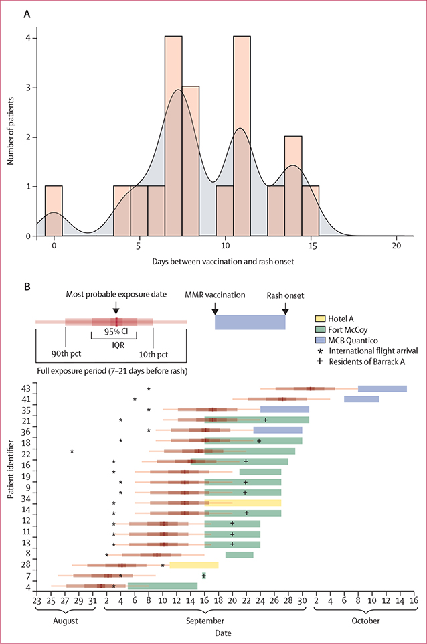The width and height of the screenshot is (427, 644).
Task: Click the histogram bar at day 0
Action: coord(54,211)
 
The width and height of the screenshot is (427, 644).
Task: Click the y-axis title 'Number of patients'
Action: coord(12,131)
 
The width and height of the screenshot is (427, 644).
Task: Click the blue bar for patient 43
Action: coord(382,388)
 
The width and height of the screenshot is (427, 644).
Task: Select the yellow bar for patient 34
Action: coord(243,503)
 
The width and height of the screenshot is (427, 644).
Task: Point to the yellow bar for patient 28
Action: coord(194,565)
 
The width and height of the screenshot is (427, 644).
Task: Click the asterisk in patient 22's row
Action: coord(72,452)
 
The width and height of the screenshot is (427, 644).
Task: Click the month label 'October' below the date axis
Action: coord(363,621)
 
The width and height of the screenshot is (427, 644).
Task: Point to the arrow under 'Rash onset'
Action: coord(286,309)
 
